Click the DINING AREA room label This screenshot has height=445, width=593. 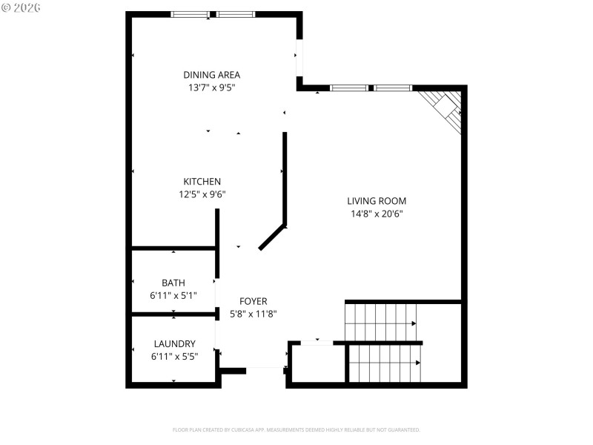(x=211, y=75)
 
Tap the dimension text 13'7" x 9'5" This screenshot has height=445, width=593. (x=211, y=88)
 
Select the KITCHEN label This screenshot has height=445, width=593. (x=202, y=182)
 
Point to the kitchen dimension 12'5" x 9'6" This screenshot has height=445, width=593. (x=202, y=194)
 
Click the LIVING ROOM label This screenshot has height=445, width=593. (x=377, y=201)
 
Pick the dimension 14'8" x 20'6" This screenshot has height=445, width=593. (x=377, y=214)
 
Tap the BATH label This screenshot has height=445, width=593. (x=173, y=283)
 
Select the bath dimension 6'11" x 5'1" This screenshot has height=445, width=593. (x=173, y=296)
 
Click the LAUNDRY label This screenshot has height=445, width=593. (x=174, y=344)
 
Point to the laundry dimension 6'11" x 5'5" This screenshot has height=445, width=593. (x=174, y=357)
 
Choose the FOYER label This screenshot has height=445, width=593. (x=253, y=301)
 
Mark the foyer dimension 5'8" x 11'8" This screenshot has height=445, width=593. (x=253, y=314)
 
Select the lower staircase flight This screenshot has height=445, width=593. (x=385, y=363)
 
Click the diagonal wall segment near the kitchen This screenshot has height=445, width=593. (x=272, y=237)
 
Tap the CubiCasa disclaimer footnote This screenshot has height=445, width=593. (x=296, y=430)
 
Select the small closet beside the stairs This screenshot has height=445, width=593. (x=317, y=363)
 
